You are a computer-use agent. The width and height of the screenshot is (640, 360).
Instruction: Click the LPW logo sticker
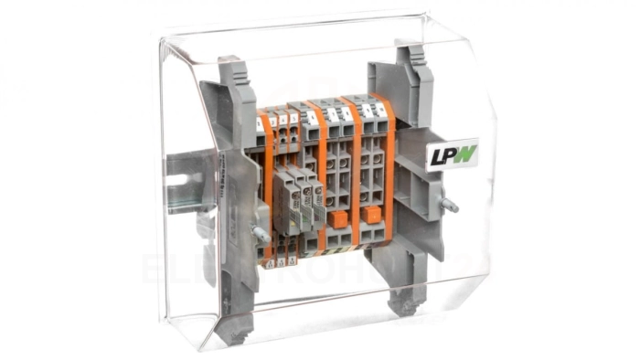tap(452, 154)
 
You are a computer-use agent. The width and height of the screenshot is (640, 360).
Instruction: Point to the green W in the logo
tap(465, 153)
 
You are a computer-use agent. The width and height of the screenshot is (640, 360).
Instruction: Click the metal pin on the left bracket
tap(260, 235)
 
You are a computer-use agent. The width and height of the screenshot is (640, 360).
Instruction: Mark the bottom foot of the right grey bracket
tap(403, 301)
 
